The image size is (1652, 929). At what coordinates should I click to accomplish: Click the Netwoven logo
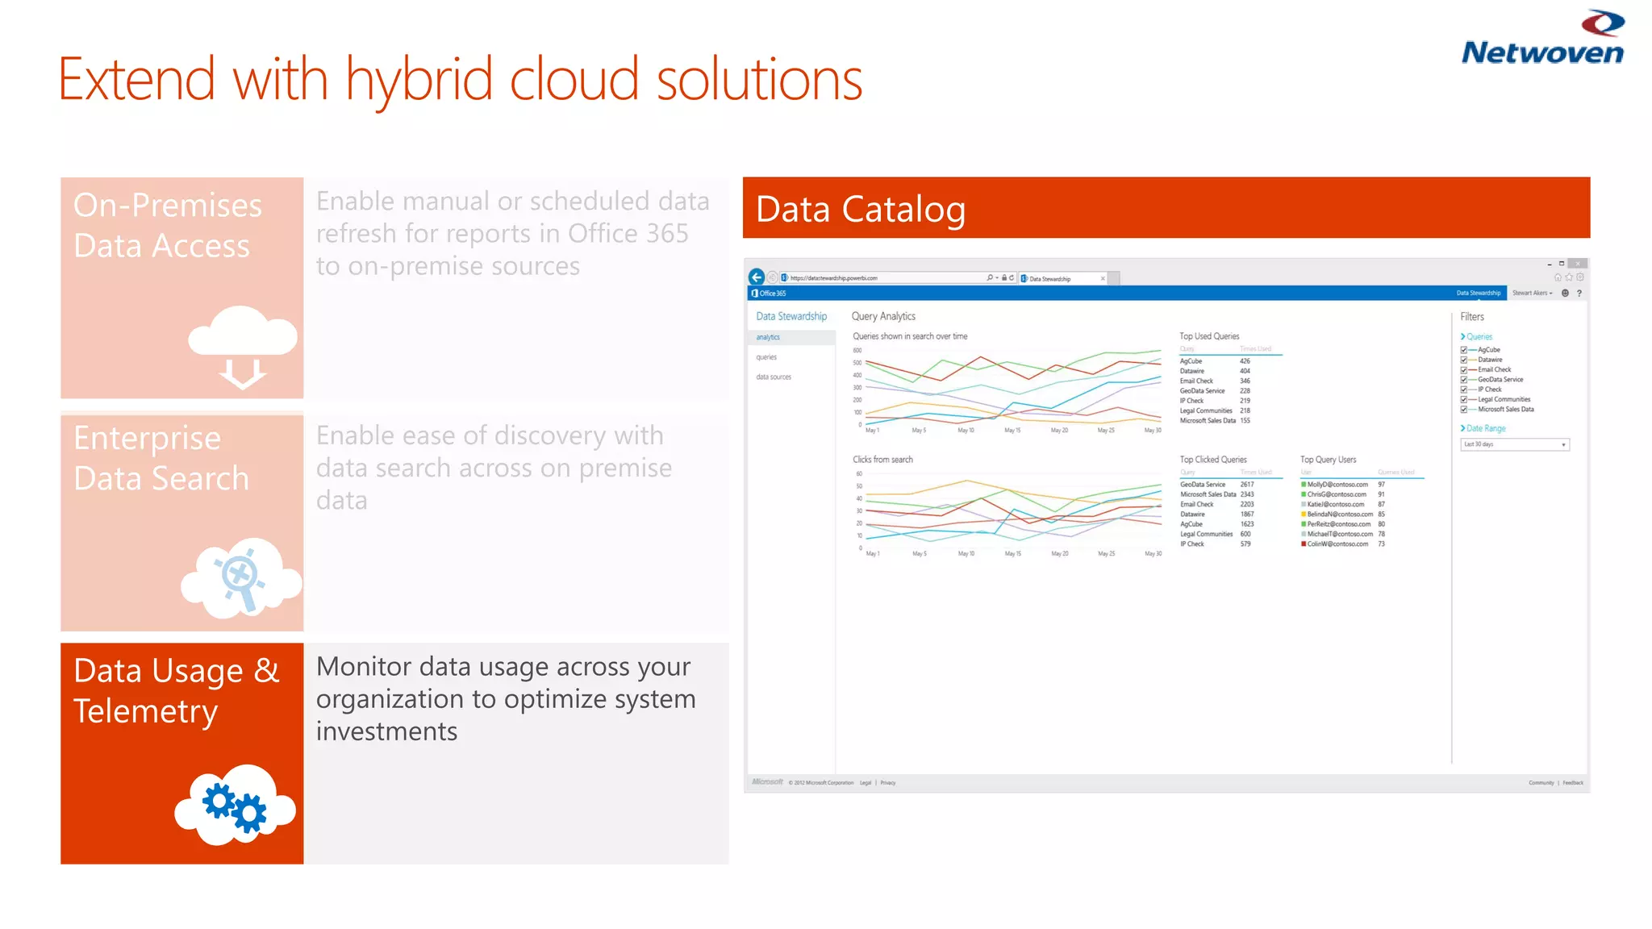pos(1542,39)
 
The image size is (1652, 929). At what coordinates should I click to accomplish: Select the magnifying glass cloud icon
pos(241,577)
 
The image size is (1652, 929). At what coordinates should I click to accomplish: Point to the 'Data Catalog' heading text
pos(861,209)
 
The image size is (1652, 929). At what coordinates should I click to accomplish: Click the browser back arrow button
pos(757,277)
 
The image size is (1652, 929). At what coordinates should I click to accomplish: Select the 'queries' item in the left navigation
pos(766,357)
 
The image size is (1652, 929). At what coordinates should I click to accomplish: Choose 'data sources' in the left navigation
pos(774,377)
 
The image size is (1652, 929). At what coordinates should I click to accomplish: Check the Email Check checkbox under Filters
pos(1464,370)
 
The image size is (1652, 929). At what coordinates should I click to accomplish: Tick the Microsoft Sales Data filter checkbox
pos(1464,410)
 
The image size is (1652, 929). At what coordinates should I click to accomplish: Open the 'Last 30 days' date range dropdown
pos(1515,444)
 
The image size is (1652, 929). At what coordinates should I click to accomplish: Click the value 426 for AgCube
pos(1245,361)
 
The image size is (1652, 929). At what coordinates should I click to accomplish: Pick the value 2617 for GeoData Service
pos(1247,485)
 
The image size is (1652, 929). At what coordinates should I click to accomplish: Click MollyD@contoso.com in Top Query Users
pos(1337,485)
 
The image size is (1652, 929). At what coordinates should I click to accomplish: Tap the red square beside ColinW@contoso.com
pos(1304,544)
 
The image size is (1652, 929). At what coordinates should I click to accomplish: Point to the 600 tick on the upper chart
pos(857,351)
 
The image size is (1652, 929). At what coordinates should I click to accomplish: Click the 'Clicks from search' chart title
pos(882,460)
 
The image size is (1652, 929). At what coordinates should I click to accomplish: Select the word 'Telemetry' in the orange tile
pos(145,711)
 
